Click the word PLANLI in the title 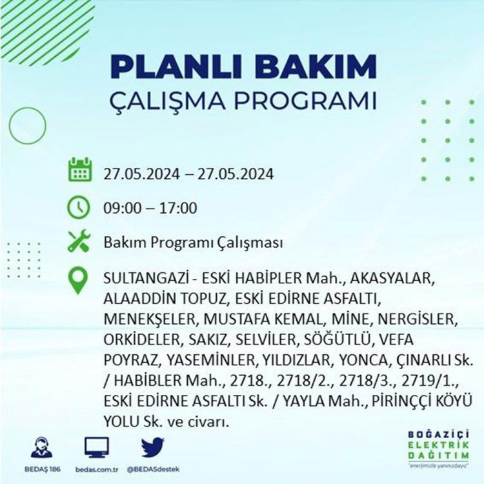(176, 66)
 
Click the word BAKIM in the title (315, 66)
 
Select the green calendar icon (79, 170)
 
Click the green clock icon (79, 207)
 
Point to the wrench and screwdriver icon (79, 241)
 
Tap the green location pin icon (78, 280)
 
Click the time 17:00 (178, 208)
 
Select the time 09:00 (122, 208)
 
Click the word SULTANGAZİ (146, 278)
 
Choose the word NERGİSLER (418, 319)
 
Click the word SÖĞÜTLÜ (337, 339)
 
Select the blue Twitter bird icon (153, 447)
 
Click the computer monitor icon (97, 447)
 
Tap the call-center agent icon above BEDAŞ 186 (42, 447)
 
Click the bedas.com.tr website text (97, 470)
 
